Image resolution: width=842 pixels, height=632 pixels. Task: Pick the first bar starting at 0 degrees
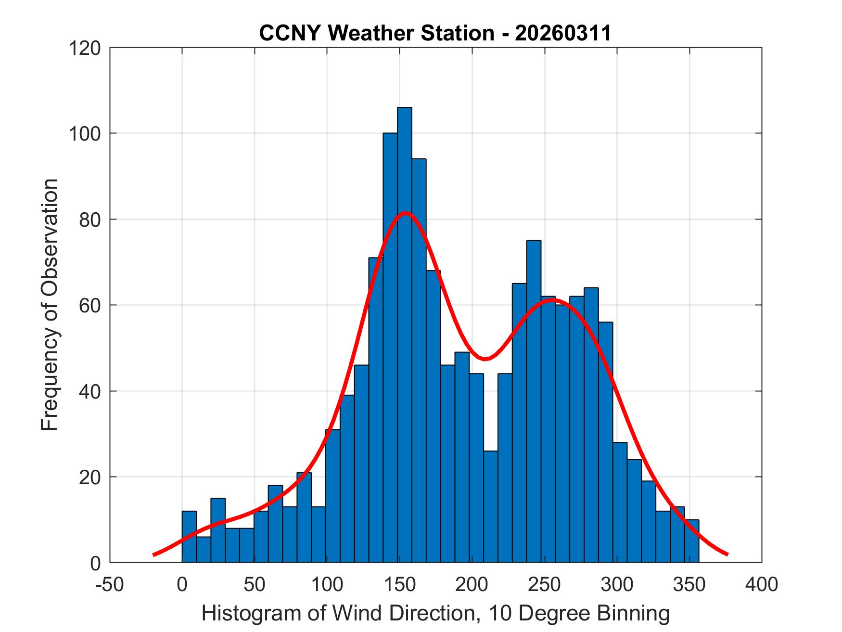click(x=189, y=537)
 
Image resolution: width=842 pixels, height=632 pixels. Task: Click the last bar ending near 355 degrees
click(x=691, y=541)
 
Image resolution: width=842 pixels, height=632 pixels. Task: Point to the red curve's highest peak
click(x=405, y=213)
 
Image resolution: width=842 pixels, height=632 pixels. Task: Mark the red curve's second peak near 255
click(x=553, y=300)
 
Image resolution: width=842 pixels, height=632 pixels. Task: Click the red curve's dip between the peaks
click(x=485, y=359)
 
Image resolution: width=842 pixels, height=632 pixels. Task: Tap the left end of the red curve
click(x=154, y=555)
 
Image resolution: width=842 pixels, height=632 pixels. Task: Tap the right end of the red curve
click(x=727, y=555)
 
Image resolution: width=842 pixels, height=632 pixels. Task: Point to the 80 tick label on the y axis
click(x=90, y=219)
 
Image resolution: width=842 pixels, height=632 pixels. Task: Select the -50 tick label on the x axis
click(x=110, y=585)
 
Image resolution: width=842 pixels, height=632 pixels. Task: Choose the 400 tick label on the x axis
click(x=762, y=585)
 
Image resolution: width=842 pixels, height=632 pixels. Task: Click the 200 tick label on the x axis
click(x=472, y=585)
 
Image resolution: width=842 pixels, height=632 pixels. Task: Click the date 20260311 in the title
click(x=562, y=33)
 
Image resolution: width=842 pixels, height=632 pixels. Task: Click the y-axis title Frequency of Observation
click(x=50, y=304)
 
